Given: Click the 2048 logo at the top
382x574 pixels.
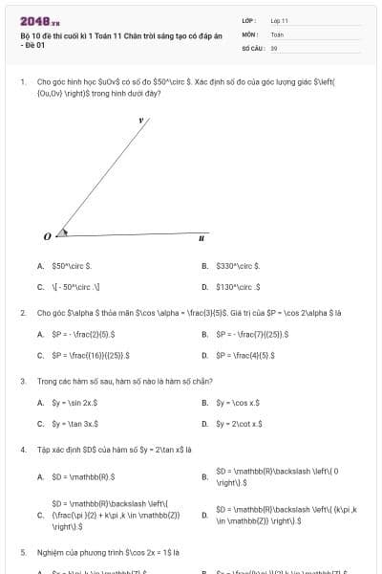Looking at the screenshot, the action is point(39,20).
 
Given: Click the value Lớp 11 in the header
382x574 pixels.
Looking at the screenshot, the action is point(279,20).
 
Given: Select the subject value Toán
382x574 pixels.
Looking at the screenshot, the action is point(277,33).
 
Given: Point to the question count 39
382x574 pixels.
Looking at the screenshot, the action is point(274,47).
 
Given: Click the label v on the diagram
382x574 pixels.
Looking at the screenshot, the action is point(140,121).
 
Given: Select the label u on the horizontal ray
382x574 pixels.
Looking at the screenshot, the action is point(201,238).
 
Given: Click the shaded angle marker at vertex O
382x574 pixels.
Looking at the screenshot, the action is point(62,232).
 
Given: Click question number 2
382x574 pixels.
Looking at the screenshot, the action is point(22,313).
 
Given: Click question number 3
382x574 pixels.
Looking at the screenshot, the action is point(22,381).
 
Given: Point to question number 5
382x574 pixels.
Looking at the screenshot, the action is point(22,552).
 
